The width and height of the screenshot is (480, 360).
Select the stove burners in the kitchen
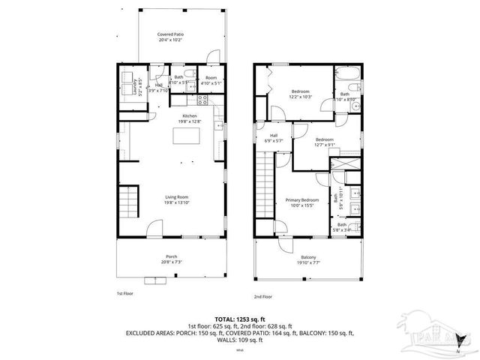coord(202,100)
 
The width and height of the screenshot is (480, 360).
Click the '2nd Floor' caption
coord(262,295)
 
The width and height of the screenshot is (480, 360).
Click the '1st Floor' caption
coord(124,292)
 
